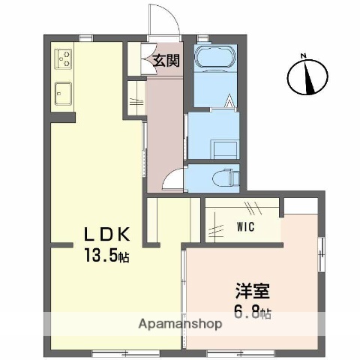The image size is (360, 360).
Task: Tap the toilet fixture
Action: pos(226,177)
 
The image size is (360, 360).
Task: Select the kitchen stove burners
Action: pos(63,58)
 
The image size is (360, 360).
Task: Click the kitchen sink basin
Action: pos(63,94)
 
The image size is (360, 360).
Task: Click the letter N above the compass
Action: pos(304,55)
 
